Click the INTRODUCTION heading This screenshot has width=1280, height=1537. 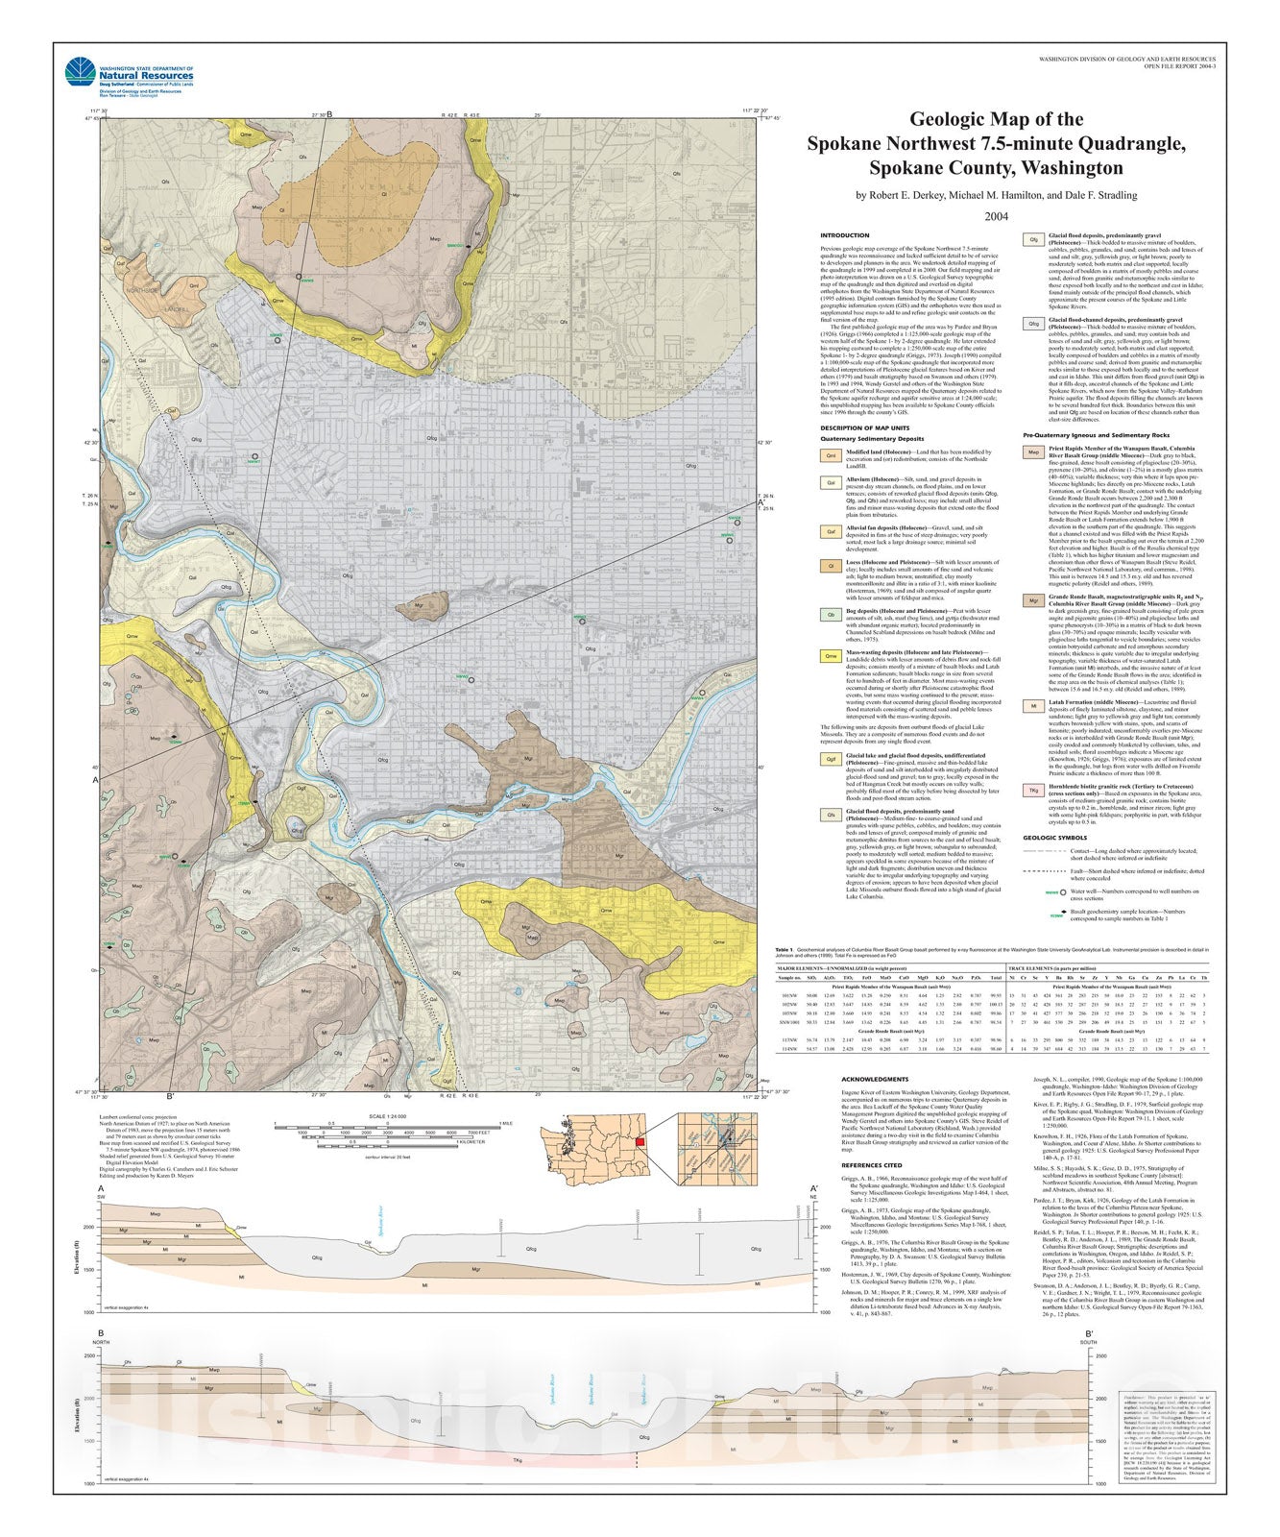tap(844, 235)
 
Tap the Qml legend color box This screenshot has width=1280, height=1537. tap(829, 455)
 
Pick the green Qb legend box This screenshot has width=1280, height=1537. tap(829, 614)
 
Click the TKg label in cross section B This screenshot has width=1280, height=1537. tap(518, 1463)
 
